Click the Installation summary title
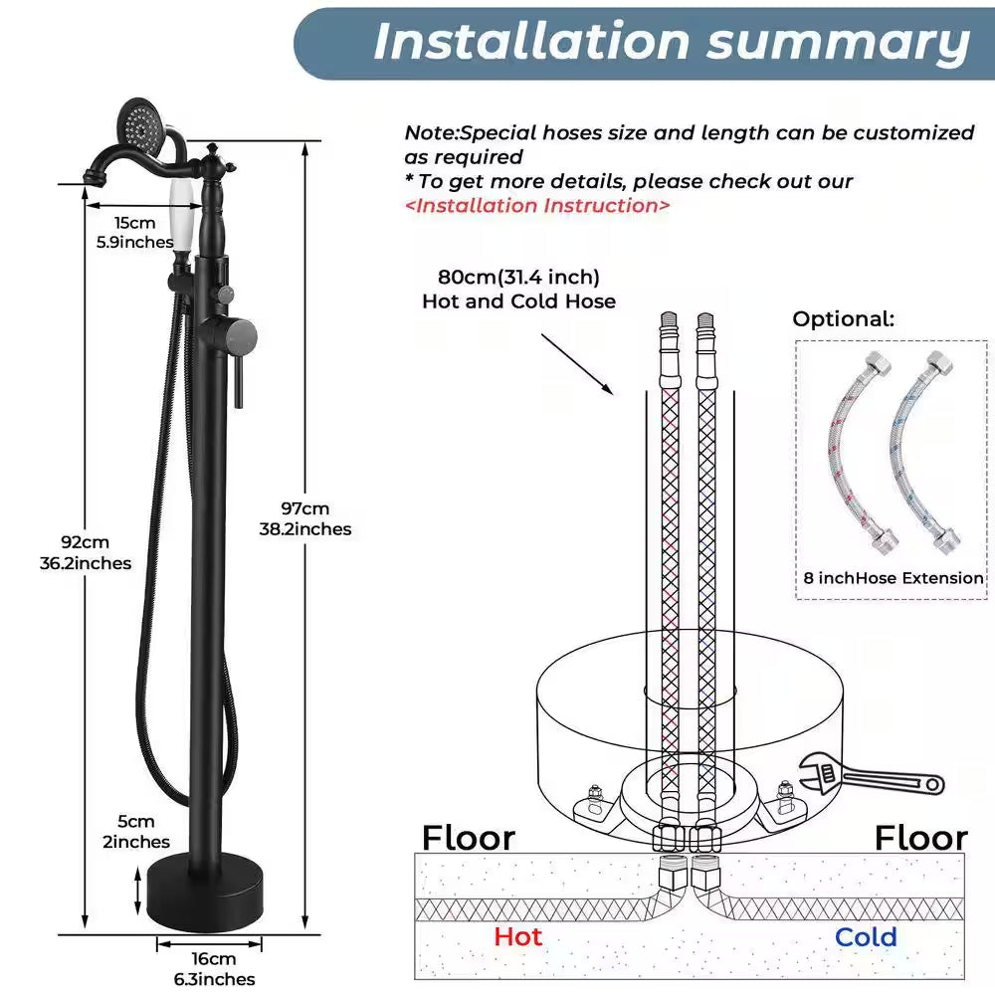pyautogui.click(x=672, y=43)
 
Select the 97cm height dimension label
pyautogui.click(x=305, y=518)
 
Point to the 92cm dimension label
pyautogui.click(x=86, y=552)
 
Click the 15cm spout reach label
pyautogui.click(x=134, y=232)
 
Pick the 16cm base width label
pyautogui.click(x=215, y=968)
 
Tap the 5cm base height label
pyautogui.click(x=136, y=831)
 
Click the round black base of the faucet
pyautogui.click(x=205, y=892)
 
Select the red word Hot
pyautogui.click(x=517, y=936)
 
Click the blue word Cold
pyautogui.click(x=866, y=936)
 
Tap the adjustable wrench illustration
pyautogui.click(x=871, y=775)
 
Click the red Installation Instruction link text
pyautogui.click(x=537, y=206)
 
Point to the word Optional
pyautogui.click(x=844, y=318)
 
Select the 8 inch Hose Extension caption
pyautogui.click(x=894, y=578)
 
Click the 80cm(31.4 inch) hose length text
pyautogui.click(x=518, y=278)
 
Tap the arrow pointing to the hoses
pyautogui.click(x=577, y=364)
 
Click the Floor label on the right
pyautogui.click(x=920, y=838)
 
